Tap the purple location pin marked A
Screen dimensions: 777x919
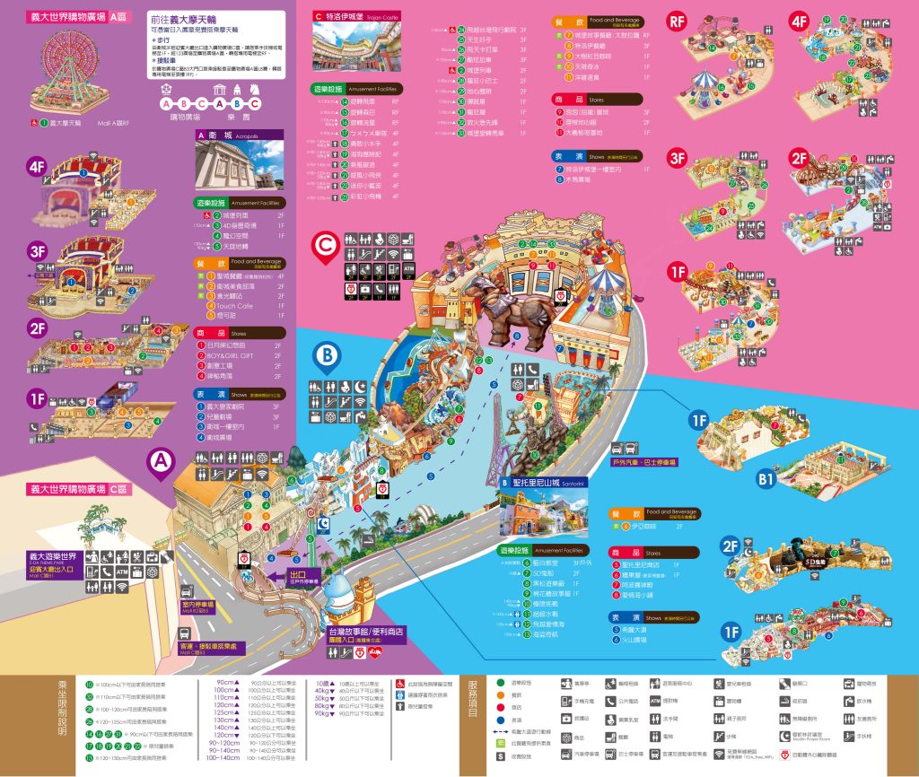[161, 463]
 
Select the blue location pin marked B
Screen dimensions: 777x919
[328, 357]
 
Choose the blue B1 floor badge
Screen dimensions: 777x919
[766, 480]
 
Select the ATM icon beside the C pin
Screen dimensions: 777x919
[409, 268]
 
